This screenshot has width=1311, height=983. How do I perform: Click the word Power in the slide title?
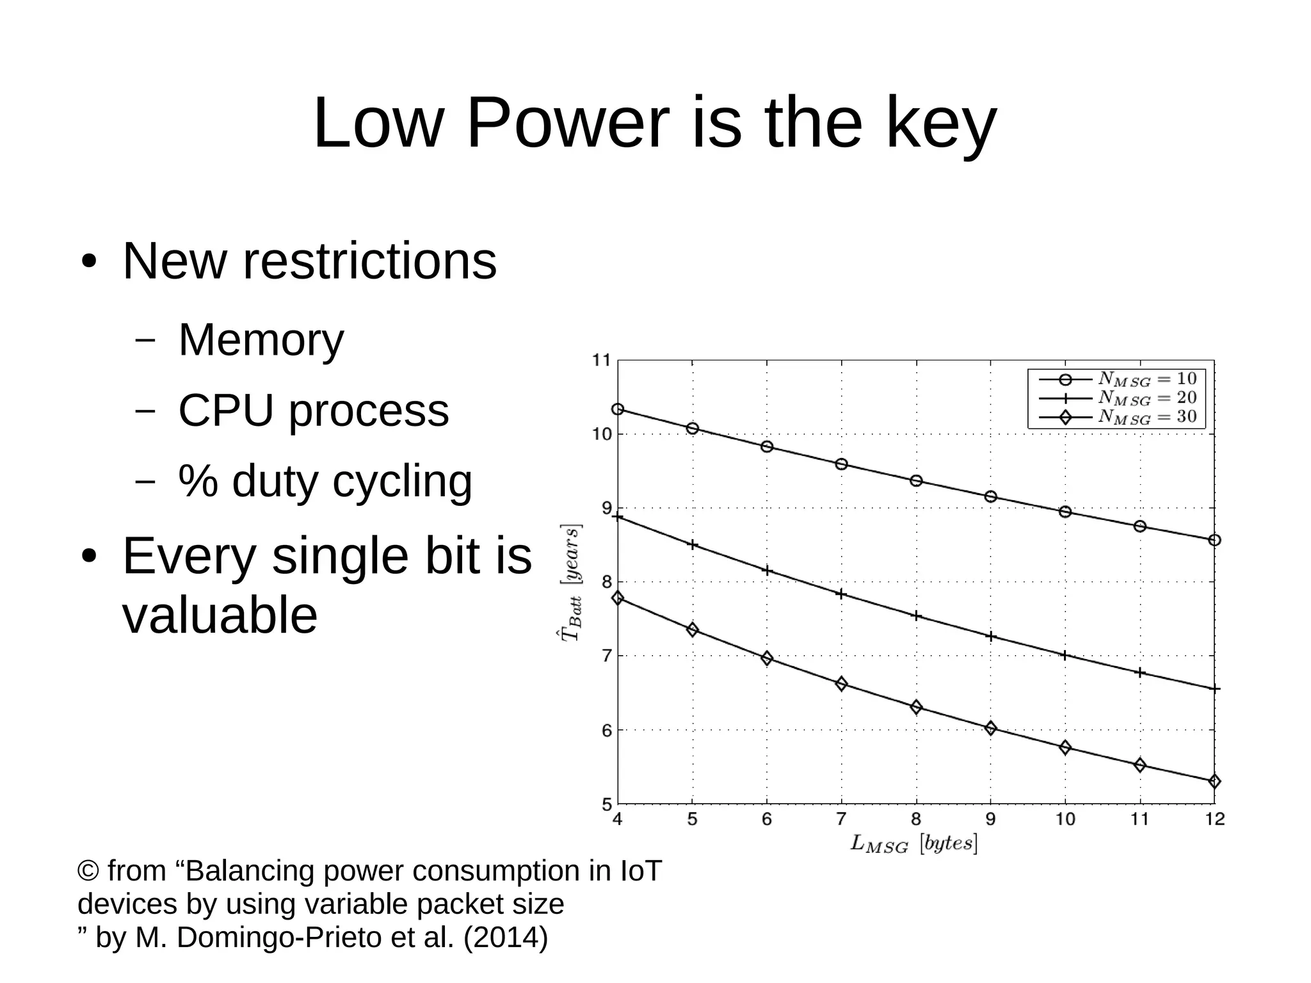(x=567, y=122)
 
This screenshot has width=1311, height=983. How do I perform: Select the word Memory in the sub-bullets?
(x=261, y=339)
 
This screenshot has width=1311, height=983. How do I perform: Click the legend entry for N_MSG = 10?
(x=1117, y=379)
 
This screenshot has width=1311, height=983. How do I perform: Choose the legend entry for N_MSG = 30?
(x=1117, y=418)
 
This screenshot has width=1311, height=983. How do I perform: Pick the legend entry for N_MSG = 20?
(x=1117, y=398)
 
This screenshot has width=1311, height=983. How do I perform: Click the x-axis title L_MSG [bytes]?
(x=914, y=843)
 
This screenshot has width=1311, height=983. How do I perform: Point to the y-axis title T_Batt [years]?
(x=571, y=582)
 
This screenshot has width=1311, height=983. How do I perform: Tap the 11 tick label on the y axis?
(x=601, y=361)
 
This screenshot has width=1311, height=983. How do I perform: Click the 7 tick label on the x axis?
(x=841, y=819)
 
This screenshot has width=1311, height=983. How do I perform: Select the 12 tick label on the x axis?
(x=1214, y=819)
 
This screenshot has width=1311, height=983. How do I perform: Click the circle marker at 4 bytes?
(x=618, y=409)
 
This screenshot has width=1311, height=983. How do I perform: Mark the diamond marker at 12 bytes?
(x=1214, y=781)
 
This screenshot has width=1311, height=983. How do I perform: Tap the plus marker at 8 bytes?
(x=916, y=616)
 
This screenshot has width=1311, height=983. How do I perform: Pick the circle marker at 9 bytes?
(x=991, y=496)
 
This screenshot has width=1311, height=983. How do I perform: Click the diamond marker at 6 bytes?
(x=767, y=658)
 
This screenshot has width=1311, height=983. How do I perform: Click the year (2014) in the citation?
(x=506, y=938)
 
